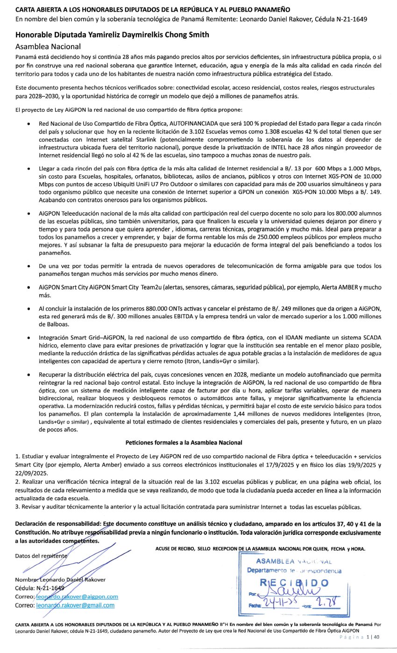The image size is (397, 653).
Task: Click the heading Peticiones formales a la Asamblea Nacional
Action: [184, 442]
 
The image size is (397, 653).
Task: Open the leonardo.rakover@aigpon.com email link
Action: [77, 597]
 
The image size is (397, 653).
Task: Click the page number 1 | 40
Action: [374, 637]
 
